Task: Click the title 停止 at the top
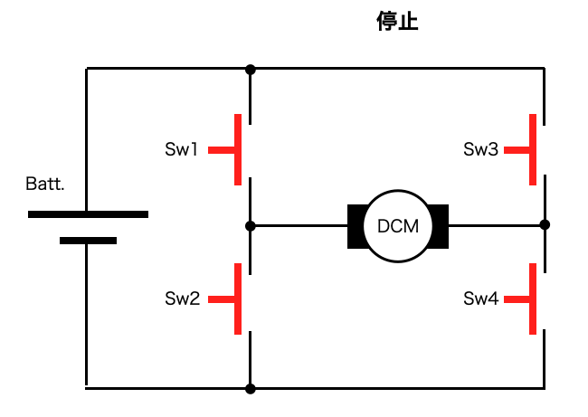[397, 21]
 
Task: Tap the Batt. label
[45, 184]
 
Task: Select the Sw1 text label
[181, 149]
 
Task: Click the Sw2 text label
[182, 299]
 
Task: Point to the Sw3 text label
[480, 149]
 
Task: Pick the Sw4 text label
[481, 299]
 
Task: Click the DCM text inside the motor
[398, 226]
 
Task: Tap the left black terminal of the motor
[356, 226]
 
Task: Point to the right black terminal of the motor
[440, 226]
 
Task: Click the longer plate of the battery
[88, 214]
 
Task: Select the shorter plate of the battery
[88, 241]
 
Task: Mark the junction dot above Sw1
[251, 70]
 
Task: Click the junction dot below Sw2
[251, 389]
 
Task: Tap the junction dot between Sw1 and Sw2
[251, 226]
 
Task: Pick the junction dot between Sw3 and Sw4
[545, 224]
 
